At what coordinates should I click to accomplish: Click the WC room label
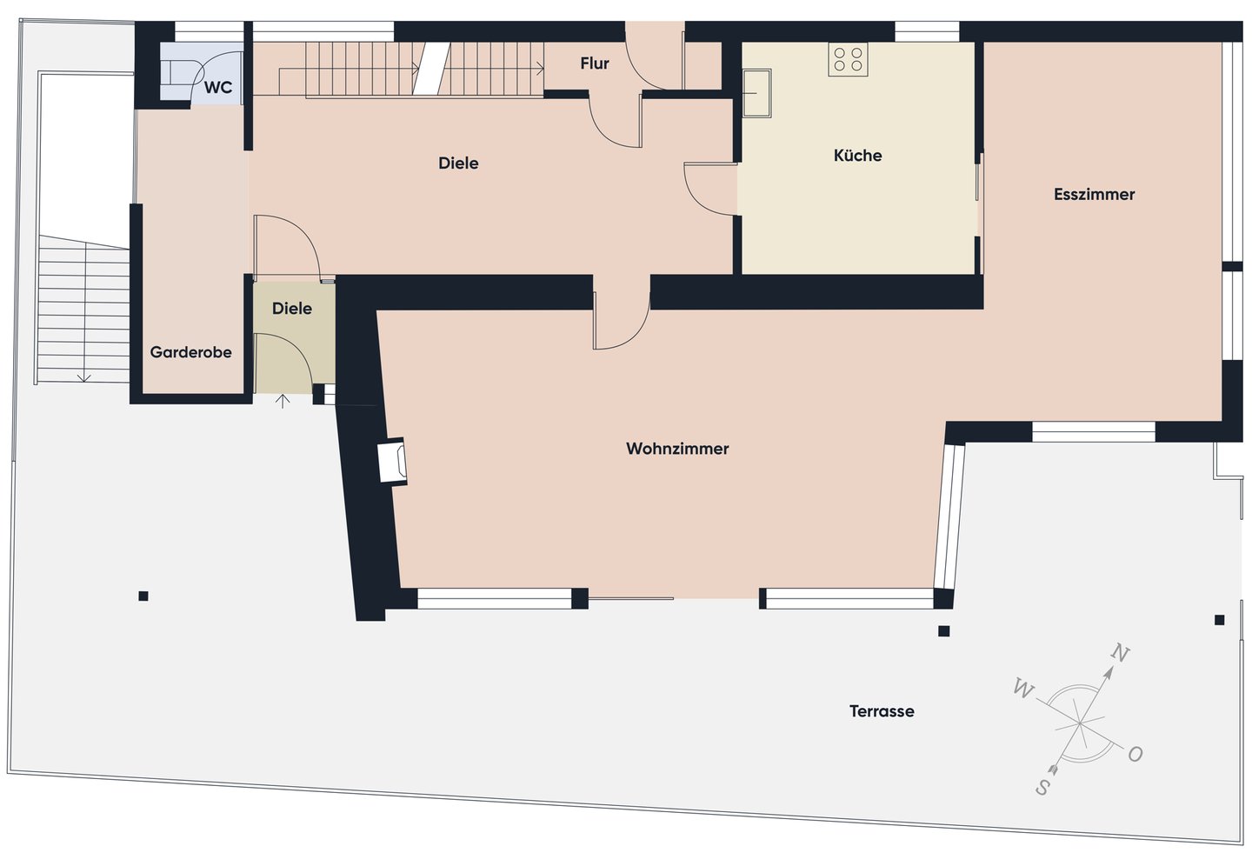[218, 88]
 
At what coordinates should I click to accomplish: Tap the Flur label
[594, 63]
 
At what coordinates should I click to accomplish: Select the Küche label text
[857, 155]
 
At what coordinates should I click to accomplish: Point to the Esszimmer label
[1094, 194]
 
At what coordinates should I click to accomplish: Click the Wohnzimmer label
[677, 449]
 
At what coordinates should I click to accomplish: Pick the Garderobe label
[190, 352]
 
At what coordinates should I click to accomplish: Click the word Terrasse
[882, 711]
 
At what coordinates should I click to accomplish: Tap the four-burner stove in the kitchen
[848, 59]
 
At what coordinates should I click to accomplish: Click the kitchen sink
[756, 93]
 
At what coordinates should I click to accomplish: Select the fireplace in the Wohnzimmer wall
[392, 461]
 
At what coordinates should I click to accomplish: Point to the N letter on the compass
[1120, 652]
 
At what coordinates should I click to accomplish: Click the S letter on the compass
[1042, 788]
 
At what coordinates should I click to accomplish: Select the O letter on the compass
[1135, 754]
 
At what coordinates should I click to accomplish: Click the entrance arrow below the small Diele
[283, 401]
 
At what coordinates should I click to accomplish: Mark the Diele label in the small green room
[292, 308]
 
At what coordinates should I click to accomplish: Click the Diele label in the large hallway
[458, 163]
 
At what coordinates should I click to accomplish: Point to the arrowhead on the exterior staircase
[83, 378]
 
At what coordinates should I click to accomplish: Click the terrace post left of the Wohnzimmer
[143, 596]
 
